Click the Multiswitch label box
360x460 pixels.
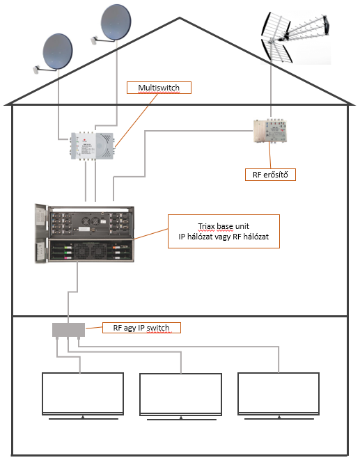[159, 88]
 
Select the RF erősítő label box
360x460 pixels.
[270, 175]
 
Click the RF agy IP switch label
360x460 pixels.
[141, 328]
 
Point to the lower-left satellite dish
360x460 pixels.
[58, 51]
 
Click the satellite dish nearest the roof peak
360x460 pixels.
[116, 22]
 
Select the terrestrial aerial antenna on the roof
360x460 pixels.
[295, 38]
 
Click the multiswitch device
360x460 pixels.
[92, 146]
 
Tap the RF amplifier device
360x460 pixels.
[270, 131]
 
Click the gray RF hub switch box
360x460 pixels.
[68, 330]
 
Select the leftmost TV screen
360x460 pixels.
[83, 394]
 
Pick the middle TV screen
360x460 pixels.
[180, 395]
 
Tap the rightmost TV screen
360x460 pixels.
[279, 394]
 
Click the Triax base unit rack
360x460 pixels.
[84, 233]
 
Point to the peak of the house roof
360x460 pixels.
[180, 18]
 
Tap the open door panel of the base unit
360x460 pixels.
[41, 233]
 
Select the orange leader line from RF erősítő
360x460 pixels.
[270, 155]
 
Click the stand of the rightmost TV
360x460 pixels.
[279, 418]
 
